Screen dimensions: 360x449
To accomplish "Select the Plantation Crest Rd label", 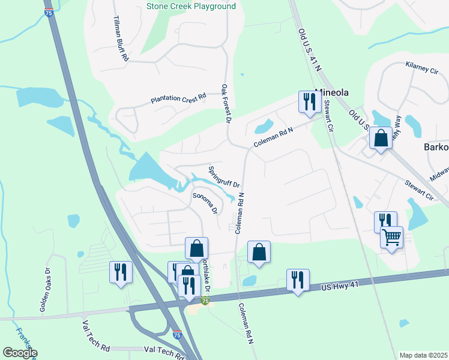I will click(178, 97).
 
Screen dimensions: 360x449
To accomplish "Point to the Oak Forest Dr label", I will click(226, 104).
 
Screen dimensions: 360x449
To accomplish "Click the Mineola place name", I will click(331, 93).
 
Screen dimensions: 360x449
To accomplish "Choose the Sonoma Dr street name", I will click(204, 203).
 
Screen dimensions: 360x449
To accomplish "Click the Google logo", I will click(20, 353).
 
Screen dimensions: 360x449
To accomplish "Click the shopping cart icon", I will click(391, 237).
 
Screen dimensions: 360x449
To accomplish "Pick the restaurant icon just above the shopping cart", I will click(385, 221).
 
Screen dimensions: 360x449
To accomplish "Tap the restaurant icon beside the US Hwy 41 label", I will click(298, 279).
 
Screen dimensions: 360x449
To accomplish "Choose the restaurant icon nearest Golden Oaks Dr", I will click(120, 272).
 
